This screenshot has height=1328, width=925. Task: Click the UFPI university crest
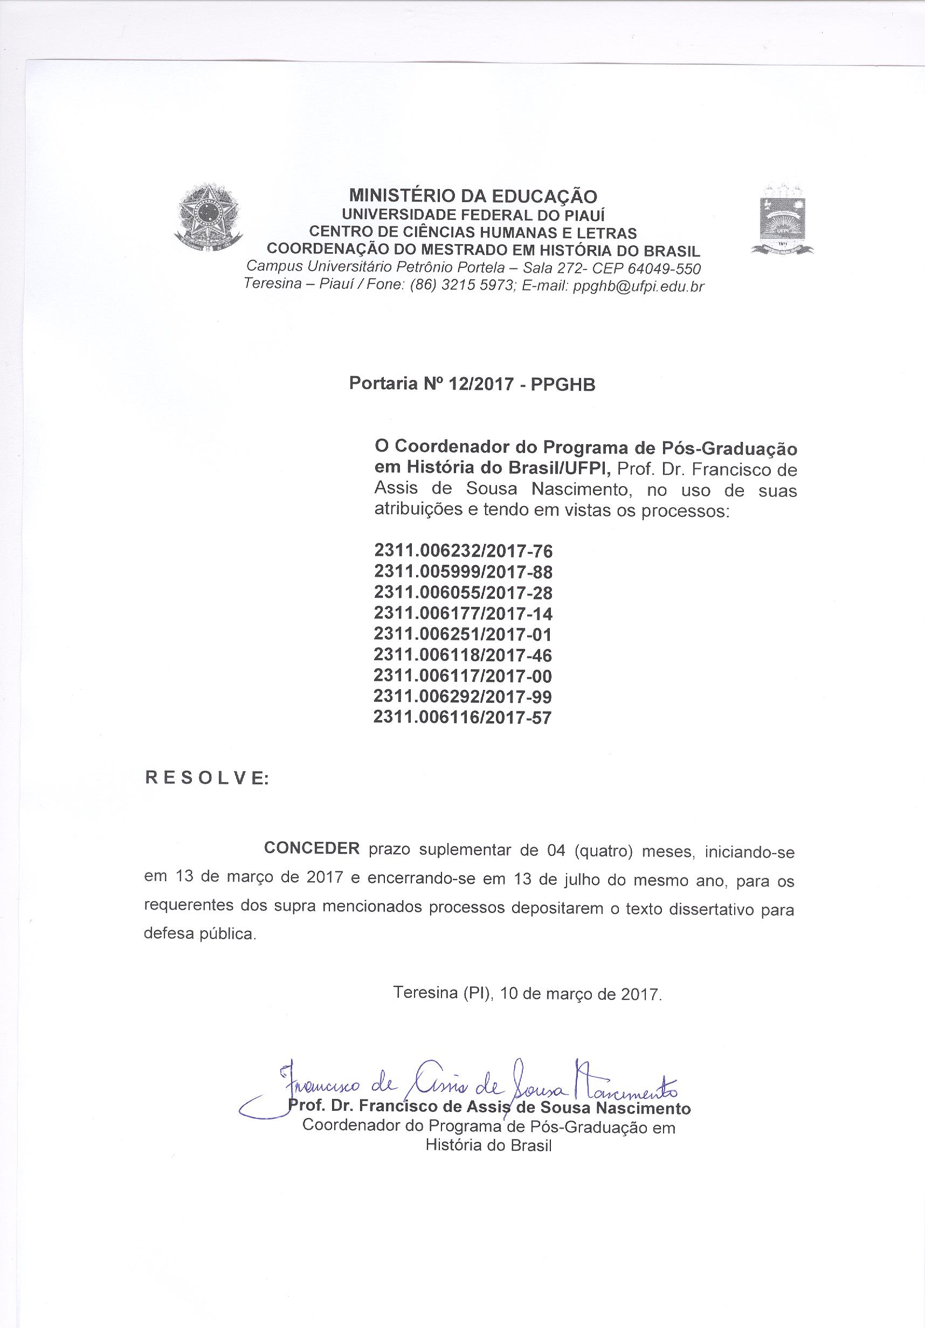click(x=782, y=223)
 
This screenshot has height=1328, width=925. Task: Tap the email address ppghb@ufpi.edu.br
click(x=638, y=286)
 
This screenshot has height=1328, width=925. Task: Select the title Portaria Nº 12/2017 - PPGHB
click(x=472, y=384)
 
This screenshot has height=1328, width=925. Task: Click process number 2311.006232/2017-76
click(x=463, y=551)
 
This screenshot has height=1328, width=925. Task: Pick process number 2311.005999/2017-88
click(x=463, y=571)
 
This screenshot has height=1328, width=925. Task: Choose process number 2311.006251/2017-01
click(x=463, y=634)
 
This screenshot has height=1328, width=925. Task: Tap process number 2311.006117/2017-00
click(x=463, y=675)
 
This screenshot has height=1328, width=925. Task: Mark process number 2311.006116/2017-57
click(x=463, y=717)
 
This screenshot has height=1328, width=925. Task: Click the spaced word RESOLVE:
click(x=206, y=778)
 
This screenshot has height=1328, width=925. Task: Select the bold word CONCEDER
click(x=312, y=848)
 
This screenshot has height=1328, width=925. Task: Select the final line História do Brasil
click(x=488, y=1145)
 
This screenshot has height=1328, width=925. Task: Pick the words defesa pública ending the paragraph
click(x=198, y=934)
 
